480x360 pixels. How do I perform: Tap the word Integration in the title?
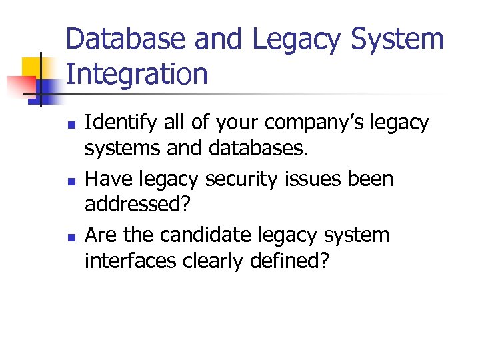(137, 74)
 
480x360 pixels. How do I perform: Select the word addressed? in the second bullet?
(137, 204)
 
